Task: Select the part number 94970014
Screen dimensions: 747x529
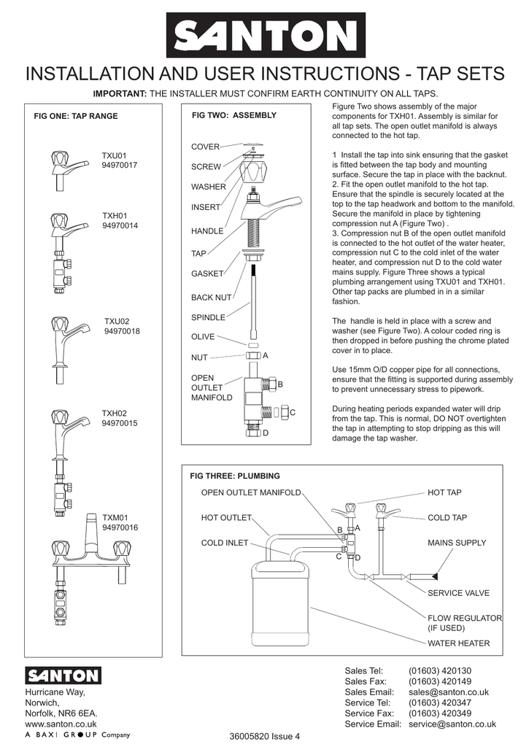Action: coord(120,226)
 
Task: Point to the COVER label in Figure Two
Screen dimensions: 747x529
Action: coord(206,147)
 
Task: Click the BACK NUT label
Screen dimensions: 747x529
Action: coord(212,298)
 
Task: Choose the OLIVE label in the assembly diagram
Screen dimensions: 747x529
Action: coord(203,337)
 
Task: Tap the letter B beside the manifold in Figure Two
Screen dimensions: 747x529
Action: coord(280,384)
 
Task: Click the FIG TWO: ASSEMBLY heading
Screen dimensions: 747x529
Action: coord(234,115)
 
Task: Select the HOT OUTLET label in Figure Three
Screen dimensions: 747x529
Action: coord(226,518)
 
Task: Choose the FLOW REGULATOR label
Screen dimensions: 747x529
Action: coord(465,618)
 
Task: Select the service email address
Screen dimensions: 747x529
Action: coord(452,724)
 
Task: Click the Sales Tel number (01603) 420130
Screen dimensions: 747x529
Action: coord(440,671)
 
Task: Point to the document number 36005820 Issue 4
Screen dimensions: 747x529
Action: coord(264,735)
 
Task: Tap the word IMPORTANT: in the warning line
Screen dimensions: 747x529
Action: coord(120,94)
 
